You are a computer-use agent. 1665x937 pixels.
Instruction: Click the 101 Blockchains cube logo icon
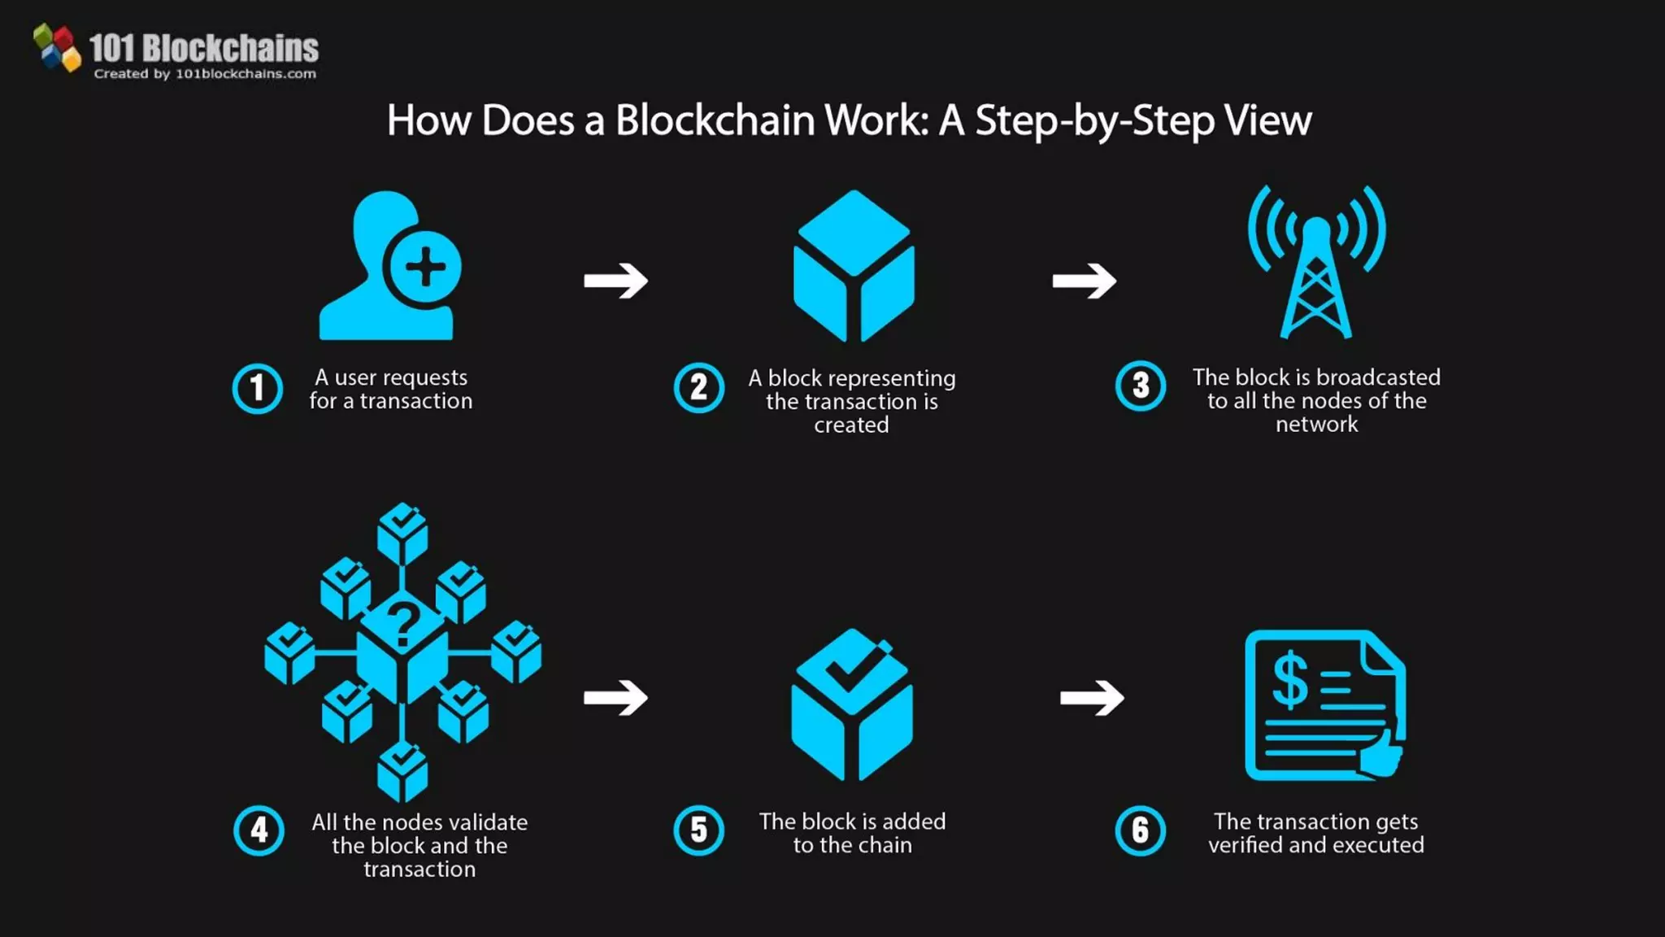point(57,48)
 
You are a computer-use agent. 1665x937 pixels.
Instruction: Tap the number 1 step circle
point(258,389)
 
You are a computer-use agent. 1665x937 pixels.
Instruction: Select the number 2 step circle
point(698,388)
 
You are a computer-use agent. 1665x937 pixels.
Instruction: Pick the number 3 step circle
point(1141,386)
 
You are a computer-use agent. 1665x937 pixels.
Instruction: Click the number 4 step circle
point(259,830)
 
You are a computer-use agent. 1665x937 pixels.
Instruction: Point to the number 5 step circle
point(698,830)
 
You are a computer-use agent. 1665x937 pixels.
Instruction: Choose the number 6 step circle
point(1140,830)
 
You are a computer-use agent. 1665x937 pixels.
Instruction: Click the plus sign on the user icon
point(425,267)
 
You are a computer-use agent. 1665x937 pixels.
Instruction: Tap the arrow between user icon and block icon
point(615,281)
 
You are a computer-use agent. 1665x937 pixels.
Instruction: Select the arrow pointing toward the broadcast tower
point(1084,281)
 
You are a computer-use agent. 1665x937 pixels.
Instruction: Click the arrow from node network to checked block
point(615,697)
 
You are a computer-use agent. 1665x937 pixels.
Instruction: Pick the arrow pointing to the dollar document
point(1092,697)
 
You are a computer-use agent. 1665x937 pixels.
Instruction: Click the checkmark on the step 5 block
point(851,669)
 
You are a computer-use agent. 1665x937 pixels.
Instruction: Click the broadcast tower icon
point(1316,264)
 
